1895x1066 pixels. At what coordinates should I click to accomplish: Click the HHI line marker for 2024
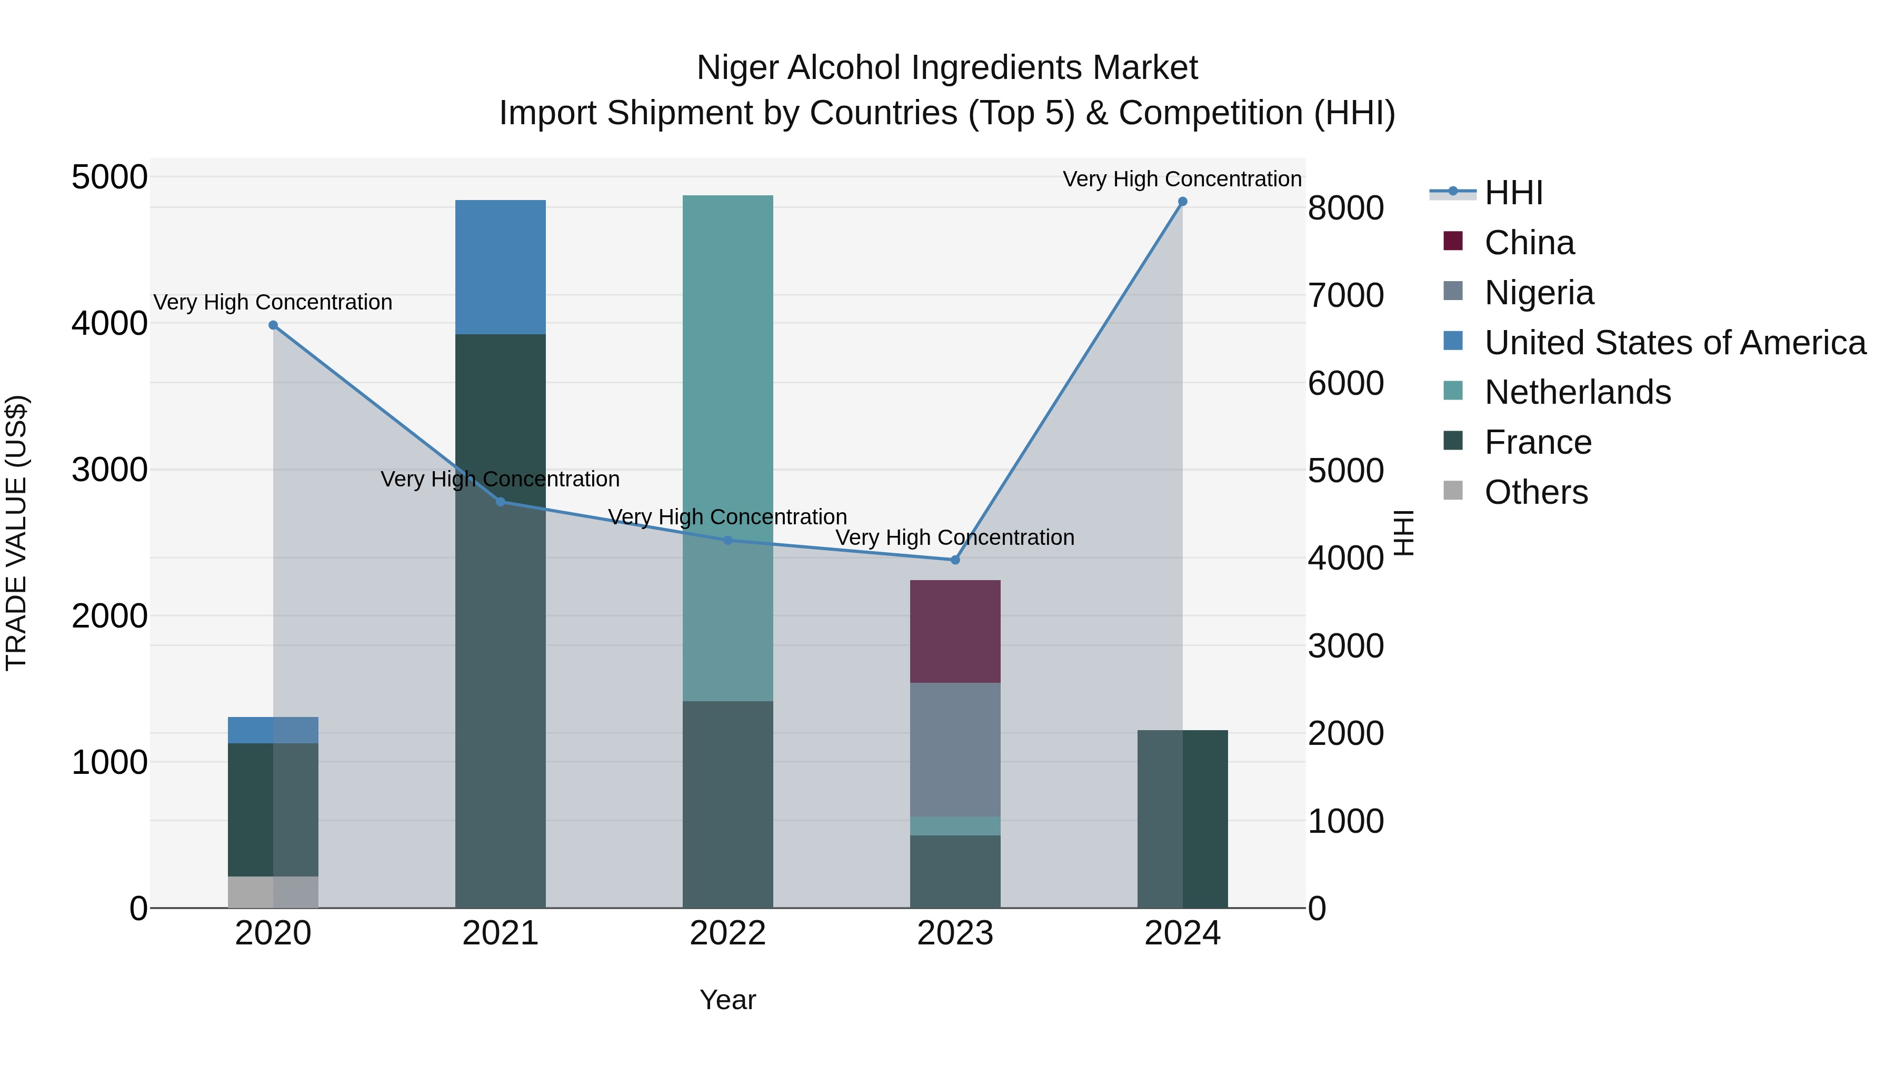[x=1182, y=202]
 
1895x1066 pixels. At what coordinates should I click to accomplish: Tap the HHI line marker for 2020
[x=273, y=325]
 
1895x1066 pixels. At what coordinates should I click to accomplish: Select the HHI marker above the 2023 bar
[x=955, y=560]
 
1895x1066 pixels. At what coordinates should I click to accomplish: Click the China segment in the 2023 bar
[x=955, y=631]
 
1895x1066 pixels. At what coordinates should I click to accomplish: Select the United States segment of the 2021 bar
[x=500, y=267]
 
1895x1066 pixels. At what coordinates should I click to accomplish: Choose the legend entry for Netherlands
[x=1577, y=392]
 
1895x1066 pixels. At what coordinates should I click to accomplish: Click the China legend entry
[x=1529, y=243]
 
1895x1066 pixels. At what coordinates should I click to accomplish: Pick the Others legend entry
[x=1535, y=492]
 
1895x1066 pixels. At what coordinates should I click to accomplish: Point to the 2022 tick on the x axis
[x=727, y=933]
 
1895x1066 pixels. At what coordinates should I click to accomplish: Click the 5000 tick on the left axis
[x=109, y=177]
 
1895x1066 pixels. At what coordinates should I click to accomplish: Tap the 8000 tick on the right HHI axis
[x=1345, y=208]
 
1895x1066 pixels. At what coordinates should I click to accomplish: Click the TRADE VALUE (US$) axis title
[x=17, y=533]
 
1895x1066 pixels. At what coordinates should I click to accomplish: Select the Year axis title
[x=727, y=1000]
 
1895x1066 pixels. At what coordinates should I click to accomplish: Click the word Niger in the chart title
[x=738, y=68]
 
